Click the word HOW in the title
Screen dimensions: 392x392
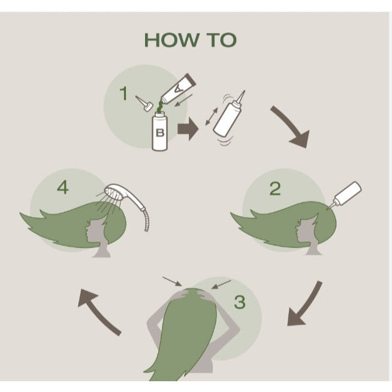click(x=172, y=40)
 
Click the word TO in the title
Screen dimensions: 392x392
click(x=222, y=40)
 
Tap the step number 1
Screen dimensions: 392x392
click(x=123, y=94)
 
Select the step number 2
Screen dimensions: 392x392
click(x=275, y=188)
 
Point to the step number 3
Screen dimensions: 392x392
click(x=240, y=302)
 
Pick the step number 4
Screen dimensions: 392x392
click(x=63, y=188)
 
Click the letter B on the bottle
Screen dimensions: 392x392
click(x=160, y=132)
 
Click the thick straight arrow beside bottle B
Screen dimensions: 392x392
click(x=188, y=129)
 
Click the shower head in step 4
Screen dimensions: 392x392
click(x=114, y=192)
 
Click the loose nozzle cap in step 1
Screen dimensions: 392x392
click(x=144, y=104)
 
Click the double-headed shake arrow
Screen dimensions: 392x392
click(x=212, y=116)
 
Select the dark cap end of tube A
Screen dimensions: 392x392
click(x=190, y=80)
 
